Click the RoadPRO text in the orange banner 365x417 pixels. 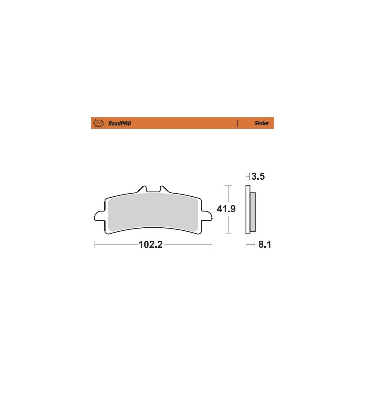click(120, 123)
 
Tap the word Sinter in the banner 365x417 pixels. click(262, 123)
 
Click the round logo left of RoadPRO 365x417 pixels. click(99, 123)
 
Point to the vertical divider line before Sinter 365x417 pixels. click(237, 123)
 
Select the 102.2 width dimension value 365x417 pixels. click(151, 245)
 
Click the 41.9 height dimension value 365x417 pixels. click(226, 209)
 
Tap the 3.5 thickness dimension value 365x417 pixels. click(258, 177)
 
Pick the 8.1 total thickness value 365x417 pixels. click(265, 244)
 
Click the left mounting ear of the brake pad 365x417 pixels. click(99, 216)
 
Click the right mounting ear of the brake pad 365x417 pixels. click(207, 216)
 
